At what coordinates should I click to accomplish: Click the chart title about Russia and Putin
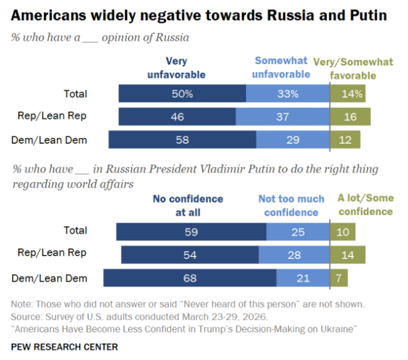pos(199,14)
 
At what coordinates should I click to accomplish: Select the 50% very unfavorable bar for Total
pos(182,94)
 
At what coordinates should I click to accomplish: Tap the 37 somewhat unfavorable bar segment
pos(282,117)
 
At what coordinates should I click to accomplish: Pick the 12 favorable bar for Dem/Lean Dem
pos(345,139)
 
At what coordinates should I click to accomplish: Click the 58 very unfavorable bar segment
pos(182,139)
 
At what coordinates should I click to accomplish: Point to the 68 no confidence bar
pos(190,278)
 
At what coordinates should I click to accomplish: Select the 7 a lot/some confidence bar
pos(339,278)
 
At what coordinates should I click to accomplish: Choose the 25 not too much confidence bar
pos(298,232)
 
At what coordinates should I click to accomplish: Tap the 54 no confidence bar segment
pos(190,255)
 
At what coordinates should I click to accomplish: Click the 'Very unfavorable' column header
pos(176,68)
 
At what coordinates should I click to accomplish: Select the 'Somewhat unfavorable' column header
pos(281,68)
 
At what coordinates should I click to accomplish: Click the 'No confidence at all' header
pos(187,205)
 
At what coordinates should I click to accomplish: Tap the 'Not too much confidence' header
pos(291,205)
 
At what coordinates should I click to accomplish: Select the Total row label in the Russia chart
pos(75,94)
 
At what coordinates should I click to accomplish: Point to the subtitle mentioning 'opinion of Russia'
pos(100,38)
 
